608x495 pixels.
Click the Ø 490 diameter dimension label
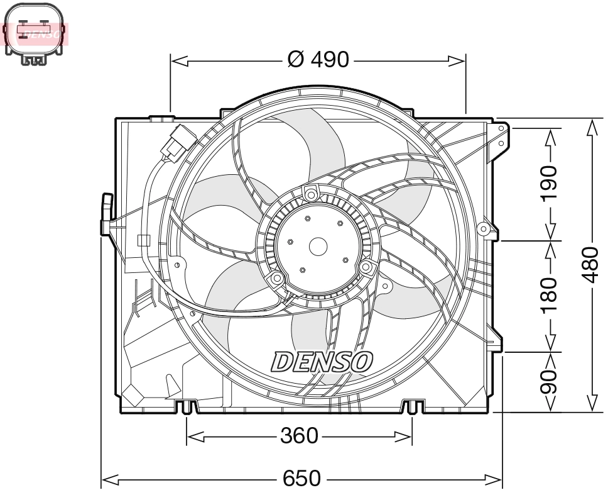317,60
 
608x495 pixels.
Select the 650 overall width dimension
301,480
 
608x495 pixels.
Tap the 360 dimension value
299,435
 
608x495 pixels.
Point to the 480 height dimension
591,264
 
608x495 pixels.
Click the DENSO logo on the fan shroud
322,362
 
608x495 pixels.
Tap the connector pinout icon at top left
34,34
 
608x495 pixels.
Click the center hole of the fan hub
318,246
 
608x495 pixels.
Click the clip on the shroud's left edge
107,214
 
